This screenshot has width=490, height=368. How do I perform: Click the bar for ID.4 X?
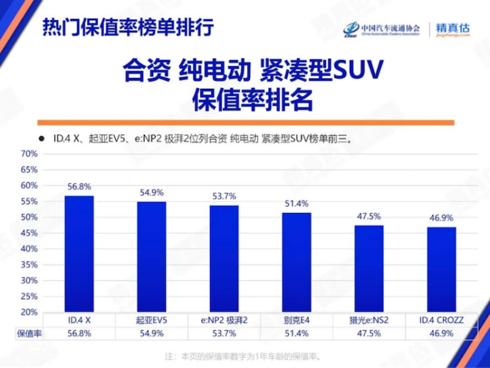79,254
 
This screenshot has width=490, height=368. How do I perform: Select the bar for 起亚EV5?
151,257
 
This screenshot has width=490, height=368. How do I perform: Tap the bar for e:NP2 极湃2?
224,259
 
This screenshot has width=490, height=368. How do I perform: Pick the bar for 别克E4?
296,262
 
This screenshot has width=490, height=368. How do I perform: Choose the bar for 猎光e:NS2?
369,269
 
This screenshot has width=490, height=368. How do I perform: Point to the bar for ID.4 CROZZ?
442,269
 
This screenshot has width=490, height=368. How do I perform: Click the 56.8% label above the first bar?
79,186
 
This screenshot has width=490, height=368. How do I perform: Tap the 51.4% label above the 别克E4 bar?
296,203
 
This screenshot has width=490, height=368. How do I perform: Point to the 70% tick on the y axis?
30,154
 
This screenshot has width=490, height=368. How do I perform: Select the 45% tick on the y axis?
30,233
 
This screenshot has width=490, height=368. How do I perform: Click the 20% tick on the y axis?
30,312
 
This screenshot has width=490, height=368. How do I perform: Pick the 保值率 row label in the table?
29,333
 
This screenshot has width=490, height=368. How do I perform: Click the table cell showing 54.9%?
151,333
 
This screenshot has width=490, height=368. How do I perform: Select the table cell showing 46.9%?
442,333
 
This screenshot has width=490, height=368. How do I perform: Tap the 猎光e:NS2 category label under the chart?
369,320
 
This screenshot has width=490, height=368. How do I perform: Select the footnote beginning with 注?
245,356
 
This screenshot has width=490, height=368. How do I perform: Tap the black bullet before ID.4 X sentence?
41,139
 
